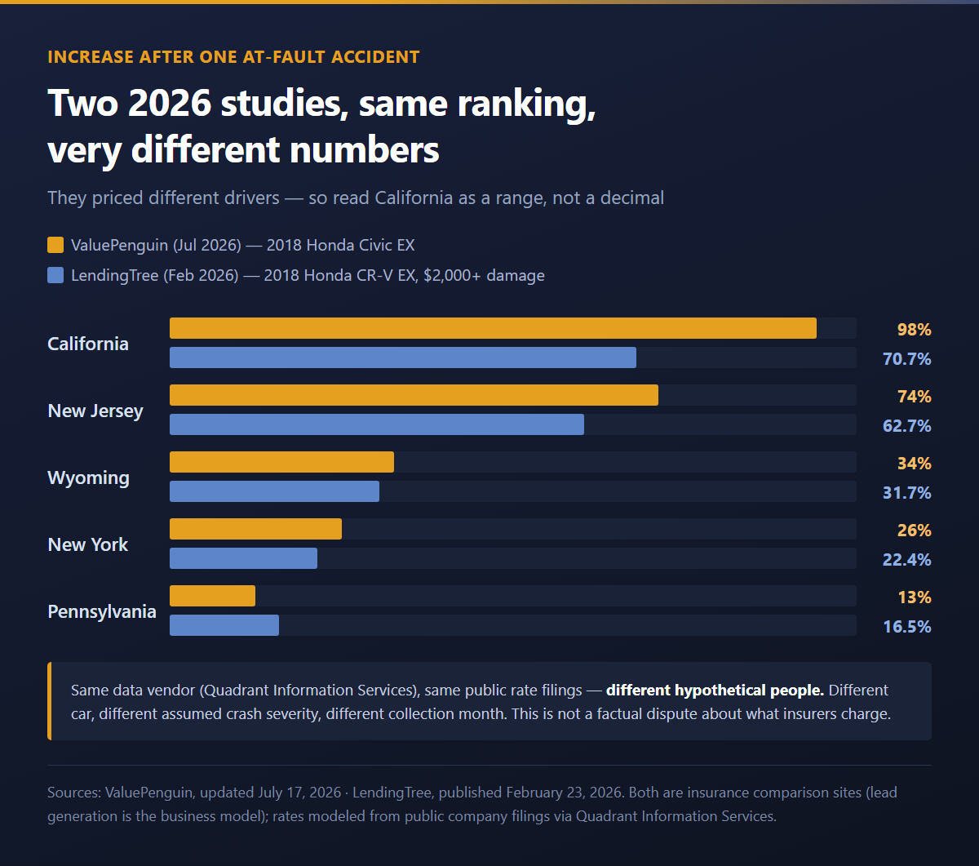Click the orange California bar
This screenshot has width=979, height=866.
(493, 328)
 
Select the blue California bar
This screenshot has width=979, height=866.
(403, 358)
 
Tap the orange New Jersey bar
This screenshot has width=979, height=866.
(414, 395)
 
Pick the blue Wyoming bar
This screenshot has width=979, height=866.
(274, 491)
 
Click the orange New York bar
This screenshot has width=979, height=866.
(255, 529)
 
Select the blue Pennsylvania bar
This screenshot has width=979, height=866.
(224, 625)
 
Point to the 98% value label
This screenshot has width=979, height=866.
(914, 330)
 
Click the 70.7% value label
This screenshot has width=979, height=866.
(906, 359)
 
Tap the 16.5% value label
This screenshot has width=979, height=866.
(906, 627)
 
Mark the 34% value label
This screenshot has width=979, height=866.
(914, 464)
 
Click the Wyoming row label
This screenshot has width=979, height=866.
(88, 478)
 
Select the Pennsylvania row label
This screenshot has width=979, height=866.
(102, 612)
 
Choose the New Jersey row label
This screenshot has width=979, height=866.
(95, 411)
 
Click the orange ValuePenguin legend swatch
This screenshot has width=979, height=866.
(55, 245)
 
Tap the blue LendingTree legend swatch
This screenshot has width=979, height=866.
(55, 275)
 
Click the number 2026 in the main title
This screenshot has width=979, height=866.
(170, 103)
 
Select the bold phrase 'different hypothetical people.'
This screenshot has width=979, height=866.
(715, 690)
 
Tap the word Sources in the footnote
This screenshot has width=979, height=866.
(74, 793)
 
